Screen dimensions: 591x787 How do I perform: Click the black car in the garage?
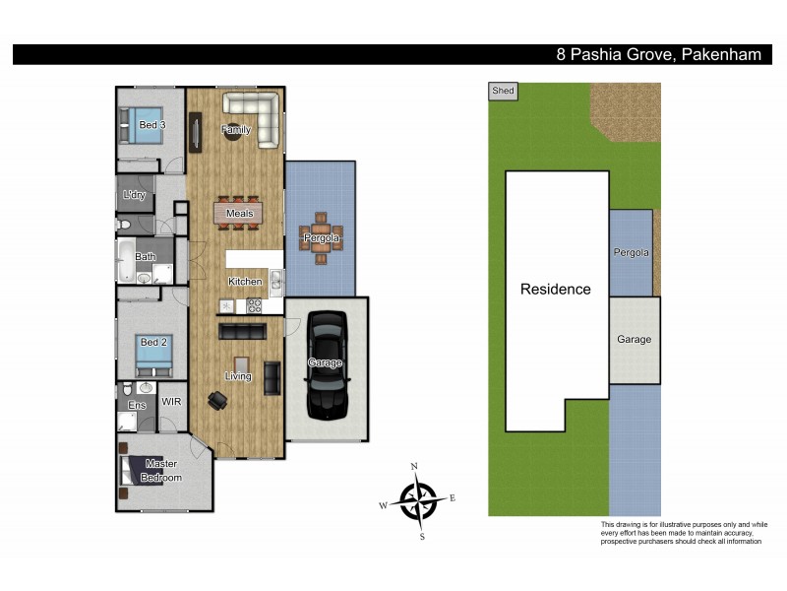(327, 364)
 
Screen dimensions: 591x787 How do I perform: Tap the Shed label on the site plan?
(502, 91)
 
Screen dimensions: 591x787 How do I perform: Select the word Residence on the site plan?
(556, 290)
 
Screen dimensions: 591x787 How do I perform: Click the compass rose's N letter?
(414, 466)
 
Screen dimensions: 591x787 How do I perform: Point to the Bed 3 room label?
(151, 125)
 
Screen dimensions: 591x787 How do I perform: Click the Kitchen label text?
(245, 282)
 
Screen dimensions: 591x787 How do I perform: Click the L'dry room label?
(134, 195)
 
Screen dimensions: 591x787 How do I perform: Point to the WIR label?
(170, 402)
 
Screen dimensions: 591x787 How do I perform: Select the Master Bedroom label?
(160, 470)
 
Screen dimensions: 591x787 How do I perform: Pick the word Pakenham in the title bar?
(720, 55)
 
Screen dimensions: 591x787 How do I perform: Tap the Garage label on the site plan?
(634, 339)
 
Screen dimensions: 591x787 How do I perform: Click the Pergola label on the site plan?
(631, 253)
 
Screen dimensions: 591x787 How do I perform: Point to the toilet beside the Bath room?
(125, 226)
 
